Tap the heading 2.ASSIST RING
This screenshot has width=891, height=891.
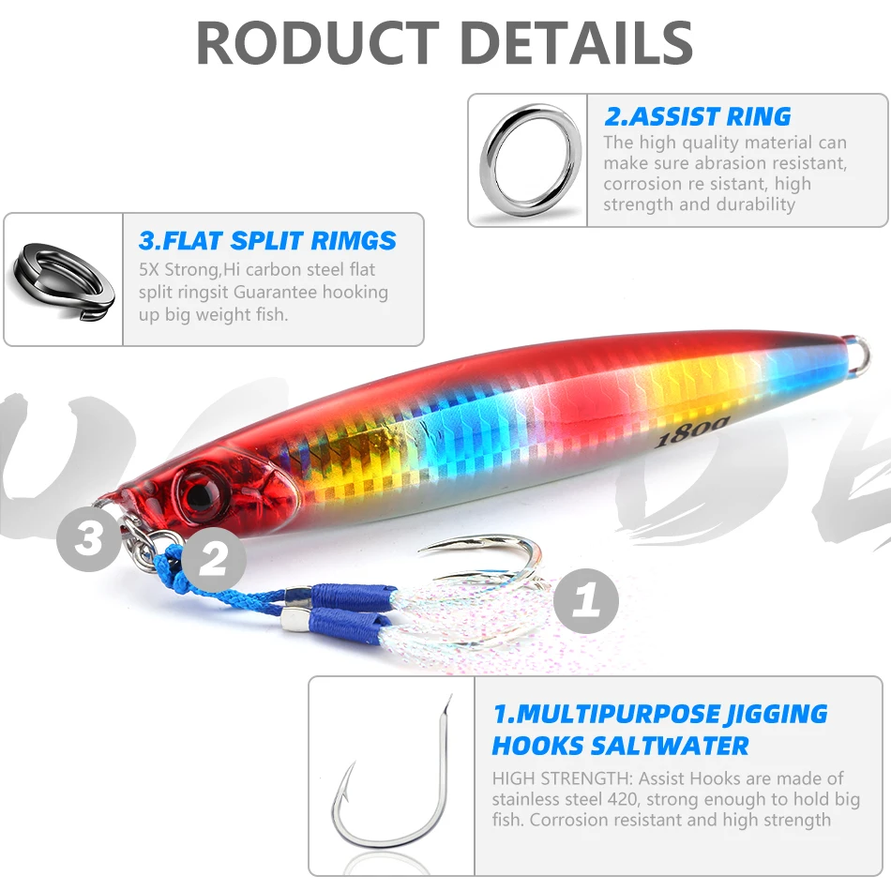[697, 116]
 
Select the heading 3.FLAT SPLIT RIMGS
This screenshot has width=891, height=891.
[267, 241]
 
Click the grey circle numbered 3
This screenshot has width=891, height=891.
[88, 538]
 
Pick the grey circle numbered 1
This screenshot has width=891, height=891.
[586, 600]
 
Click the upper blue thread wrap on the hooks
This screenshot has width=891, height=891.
[354, 594]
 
